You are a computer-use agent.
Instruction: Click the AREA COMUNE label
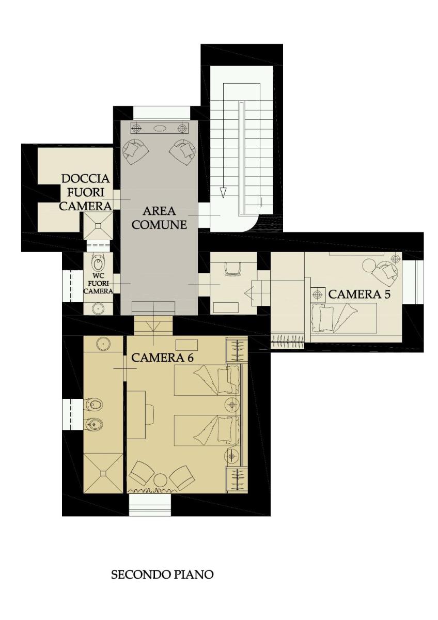click(160, 218)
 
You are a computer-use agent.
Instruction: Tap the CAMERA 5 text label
click(358, 295)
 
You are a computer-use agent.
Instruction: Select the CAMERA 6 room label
click(162, 358)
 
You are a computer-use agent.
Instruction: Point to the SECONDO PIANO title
click(162, 575)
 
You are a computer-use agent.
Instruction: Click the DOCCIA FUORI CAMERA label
click(86, 192)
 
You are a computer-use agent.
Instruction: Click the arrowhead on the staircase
click(223, 193)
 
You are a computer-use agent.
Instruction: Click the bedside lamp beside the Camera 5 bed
click(317, 295)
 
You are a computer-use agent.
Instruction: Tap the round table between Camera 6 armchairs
click(160, 480)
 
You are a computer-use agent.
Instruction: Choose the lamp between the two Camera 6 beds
click(231, 404)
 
